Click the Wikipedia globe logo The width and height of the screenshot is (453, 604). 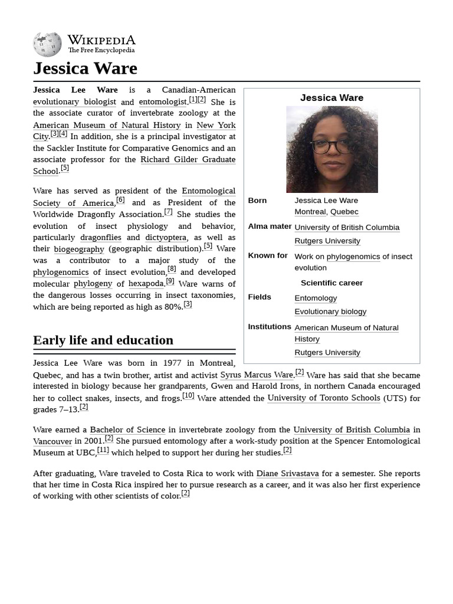point(47,45)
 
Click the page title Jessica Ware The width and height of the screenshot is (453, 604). point(85,68)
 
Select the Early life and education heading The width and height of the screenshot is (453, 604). point(103,340)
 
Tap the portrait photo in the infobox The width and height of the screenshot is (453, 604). point(331,149)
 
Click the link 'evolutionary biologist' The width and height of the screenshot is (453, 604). point(74,102)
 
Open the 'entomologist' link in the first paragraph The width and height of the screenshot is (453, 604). point(163,102)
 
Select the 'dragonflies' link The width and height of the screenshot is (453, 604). point(101,238)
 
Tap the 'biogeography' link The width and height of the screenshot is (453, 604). point(79,250)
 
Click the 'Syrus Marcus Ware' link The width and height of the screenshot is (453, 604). point(257,375)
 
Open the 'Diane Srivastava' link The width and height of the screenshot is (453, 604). point(287,474)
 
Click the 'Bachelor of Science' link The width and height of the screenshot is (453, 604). point(127,430)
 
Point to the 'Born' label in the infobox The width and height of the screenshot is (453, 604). point(257,201)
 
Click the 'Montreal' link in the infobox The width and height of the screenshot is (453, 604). point(310,212)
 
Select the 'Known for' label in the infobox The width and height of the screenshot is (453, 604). point(268,256)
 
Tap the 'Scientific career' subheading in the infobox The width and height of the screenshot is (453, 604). point(331,283)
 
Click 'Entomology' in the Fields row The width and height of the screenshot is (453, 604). point(316,298)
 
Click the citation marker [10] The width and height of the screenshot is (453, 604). point(188,396)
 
